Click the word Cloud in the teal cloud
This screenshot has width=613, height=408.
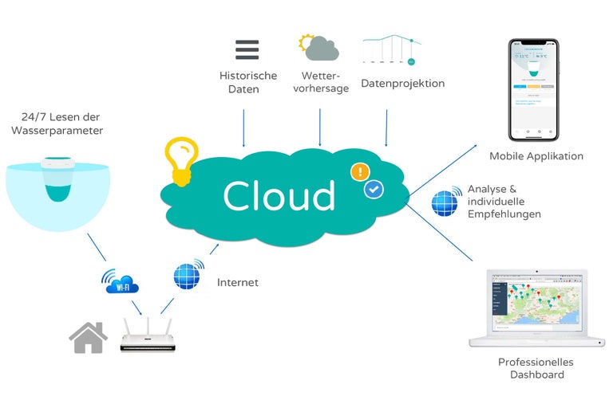click(279, 196)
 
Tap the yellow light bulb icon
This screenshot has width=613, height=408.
click(180, 160)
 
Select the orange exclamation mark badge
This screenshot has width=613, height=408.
click(361, 171)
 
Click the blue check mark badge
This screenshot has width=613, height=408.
click(374, 190)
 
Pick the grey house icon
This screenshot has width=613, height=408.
click(89, 337)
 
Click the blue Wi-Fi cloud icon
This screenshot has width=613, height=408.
click(120, 281)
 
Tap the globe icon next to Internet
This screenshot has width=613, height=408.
click(189, 276)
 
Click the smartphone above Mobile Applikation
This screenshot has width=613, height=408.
click(534, 89)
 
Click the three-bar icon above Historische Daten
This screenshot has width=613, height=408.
click(247, 49)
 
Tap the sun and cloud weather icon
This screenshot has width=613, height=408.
click(318, 47)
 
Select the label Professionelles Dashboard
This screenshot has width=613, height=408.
click(536, 368)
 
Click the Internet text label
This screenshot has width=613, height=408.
click(238, 282)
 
